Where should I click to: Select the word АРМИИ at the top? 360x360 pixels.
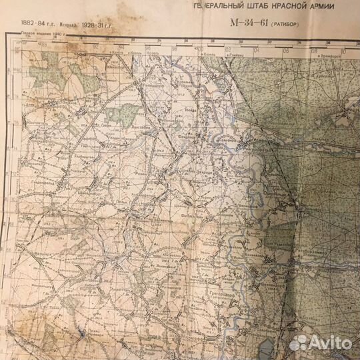point(307,7)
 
